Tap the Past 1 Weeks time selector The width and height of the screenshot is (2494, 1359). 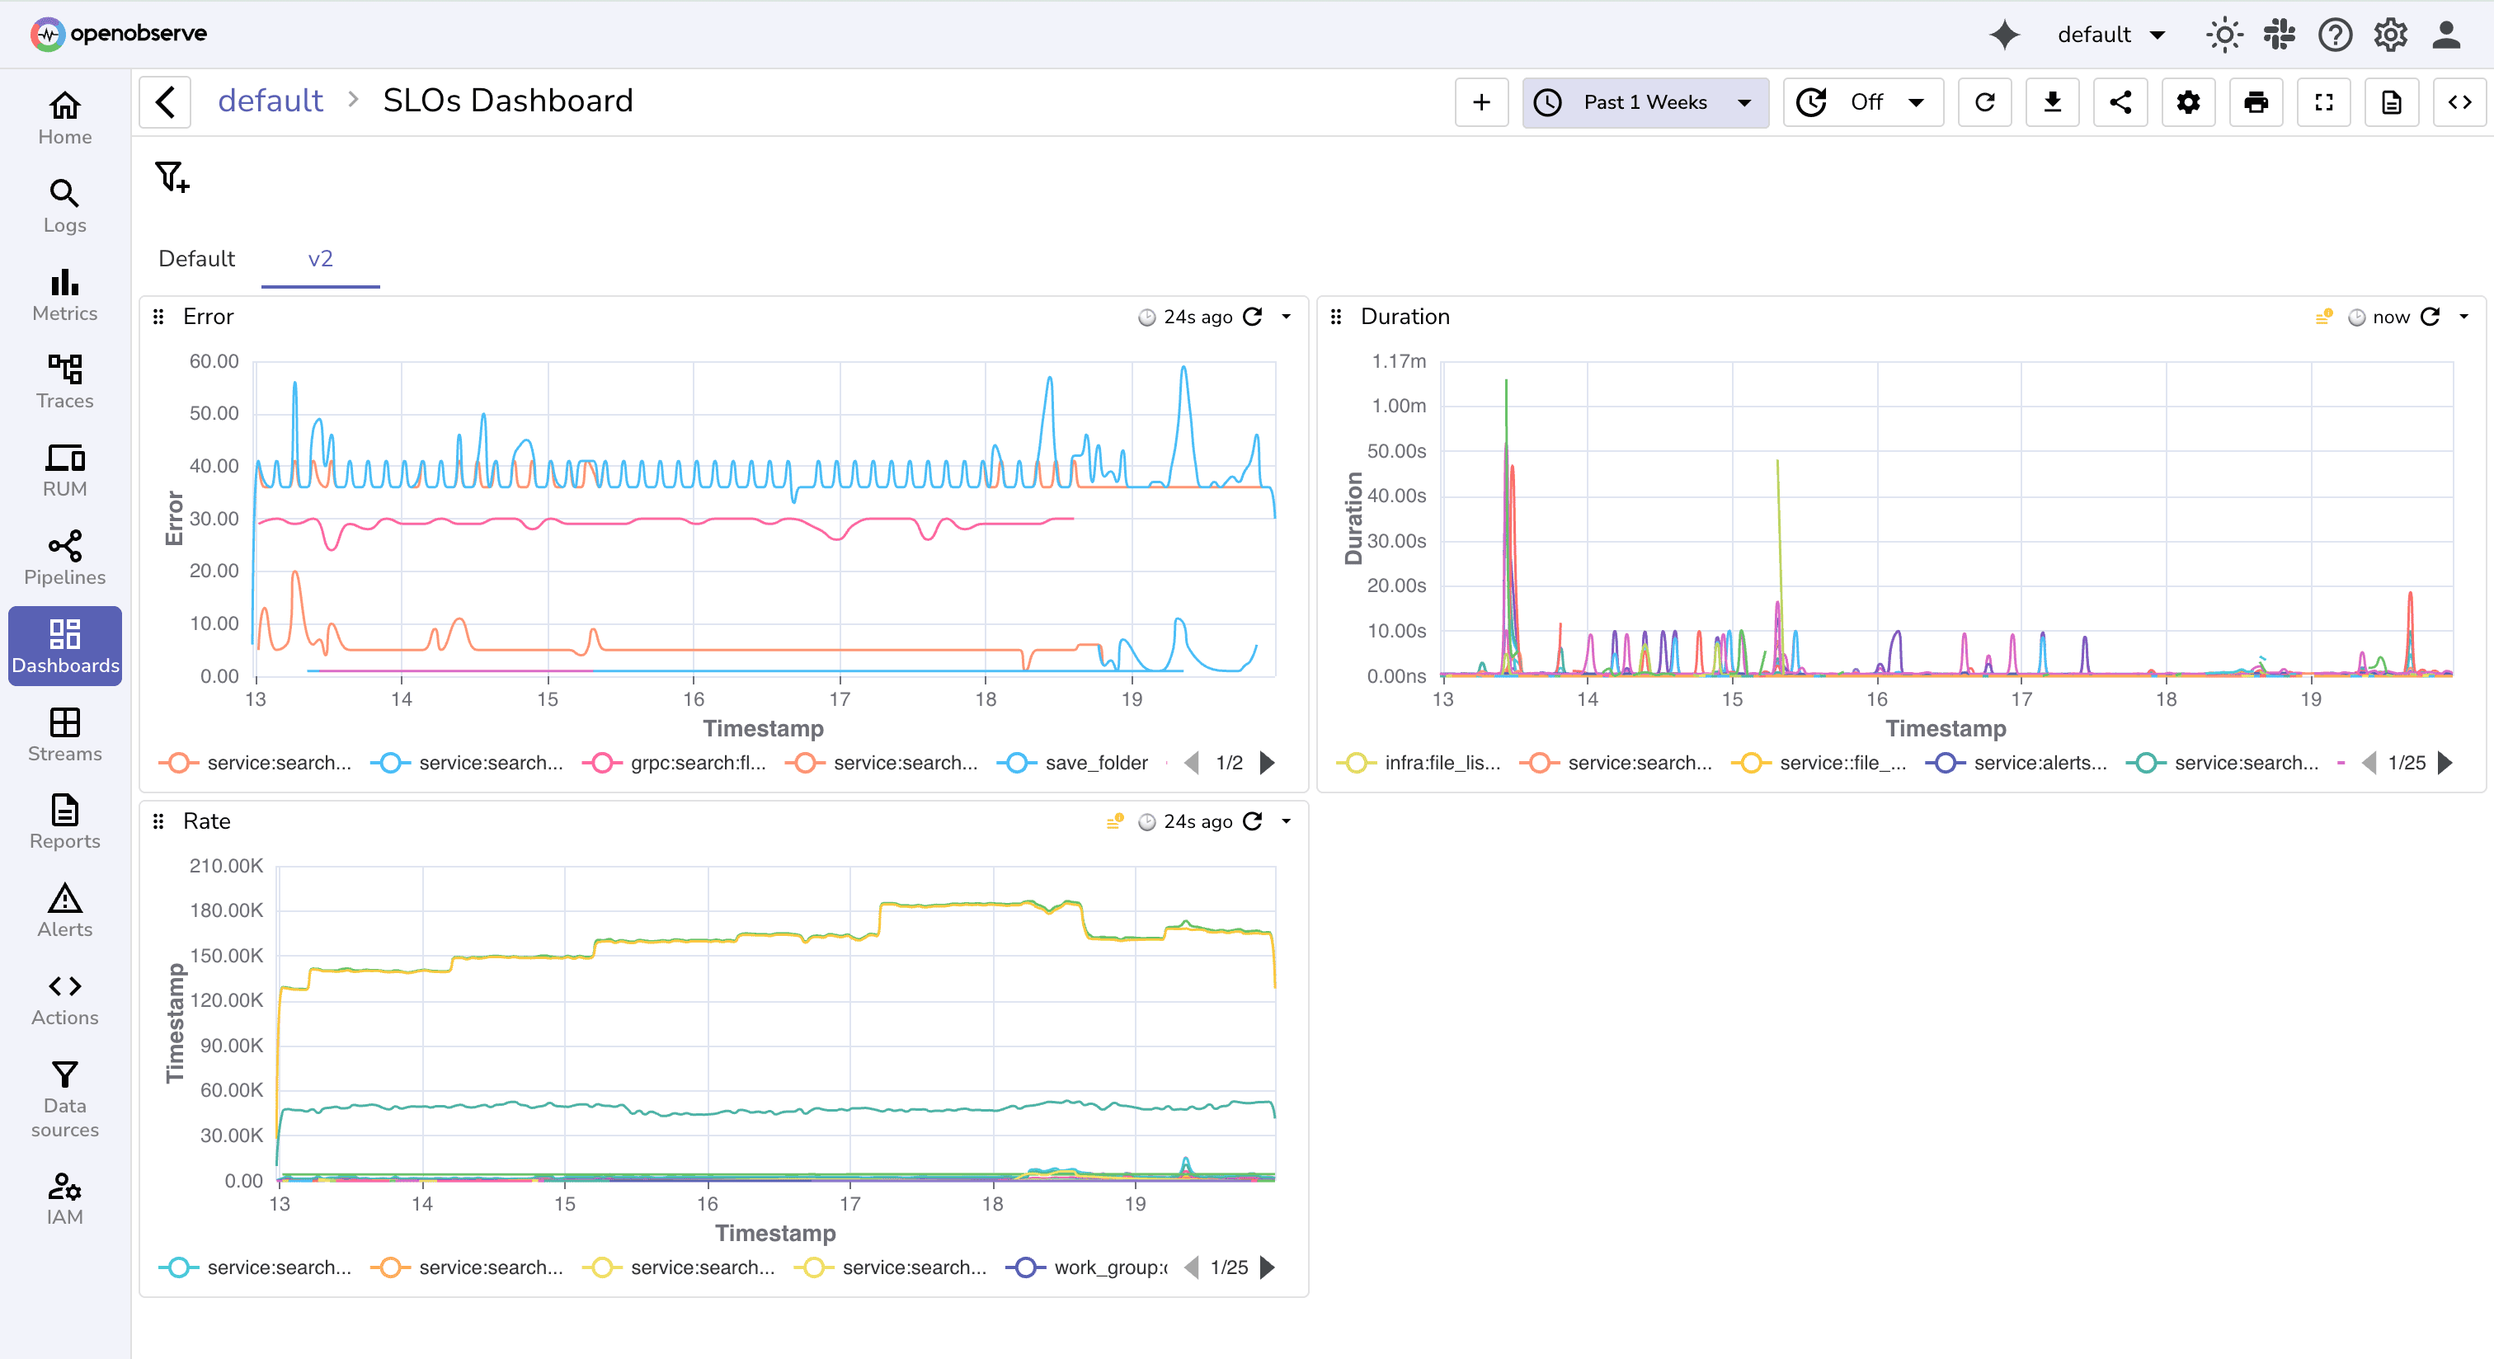coord(1644,102)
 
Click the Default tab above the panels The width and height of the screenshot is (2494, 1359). coord(196,258)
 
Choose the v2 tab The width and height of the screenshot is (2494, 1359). coord(319,258)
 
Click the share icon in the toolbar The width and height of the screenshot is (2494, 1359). coord(2120,102)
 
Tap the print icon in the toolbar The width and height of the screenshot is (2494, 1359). coord(2255,102)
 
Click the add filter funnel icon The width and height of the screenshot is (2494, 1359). coord(172,177)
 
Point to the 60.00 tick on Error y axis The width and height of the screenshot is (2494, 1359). coord(214,361)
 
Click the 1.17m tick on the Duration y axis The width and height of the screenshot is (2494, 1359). coord(1398,361)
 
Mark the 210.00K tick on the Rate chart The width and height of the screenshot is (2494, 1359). coord(226,865)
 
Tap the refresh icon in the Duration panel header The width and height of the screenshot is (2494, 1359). coord(2429,317)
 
